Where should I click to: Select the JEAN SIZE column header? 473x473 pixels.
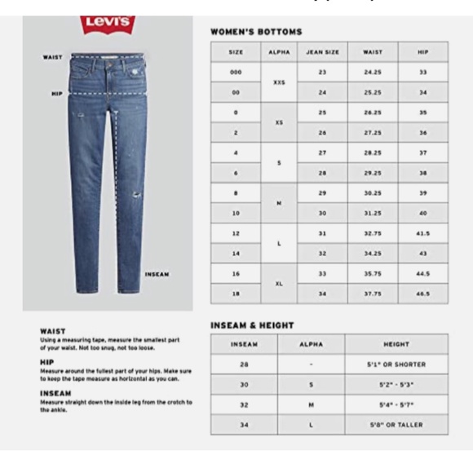click(x=322, y=51)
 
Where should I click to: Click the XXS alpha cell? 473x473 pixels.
click(x=279, y=82)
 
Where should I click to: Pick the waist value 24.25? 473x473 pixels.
click(x=373, y=72)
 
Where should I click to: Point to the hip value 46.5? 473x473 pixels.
click(x=422, y=294)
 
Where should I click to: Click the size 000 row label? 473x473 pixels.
click(x=236, y=72)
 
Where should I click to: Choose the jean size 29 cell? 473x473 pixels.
click(x=322, y=192)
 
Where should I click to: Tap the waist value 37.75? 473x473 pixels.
click(x=373, y=294)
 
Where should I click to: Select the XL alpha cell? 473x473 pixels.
click(x=279, y=284)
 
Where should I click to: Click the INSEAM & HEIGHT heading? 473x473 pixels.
click(x=252, y=325)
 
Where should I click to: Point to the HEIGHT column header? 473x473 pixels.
click(x=396, y=345)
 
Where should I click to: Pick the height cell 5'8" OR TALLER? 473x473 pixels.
click(x=396, y=425)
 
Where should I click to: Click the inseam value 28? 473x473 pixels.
click(x=244, y=365)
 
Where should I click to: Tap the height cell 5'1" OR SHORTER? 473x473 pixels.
click(x=396, y=365)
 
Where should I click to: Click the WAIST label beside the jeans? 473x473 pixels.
click(x=53, y=57)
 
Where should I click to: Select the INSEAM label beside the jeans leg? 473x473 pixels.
click(x=157, y=274)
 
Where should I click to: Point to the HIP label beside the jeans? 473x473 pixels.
click(x=56, y=94)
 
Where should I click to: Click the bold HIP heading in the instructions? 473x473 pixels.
click(x=46, y=362)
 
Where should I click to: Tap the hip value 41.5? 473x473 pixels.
click(x=422, y=233)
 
